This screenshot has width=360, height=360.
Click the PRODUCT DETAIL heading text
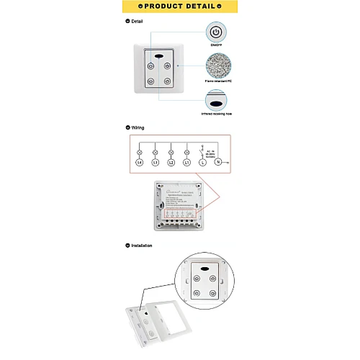click(x=180, y=6)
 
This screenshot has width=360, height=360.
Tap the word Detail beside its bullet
click(x=137, y=21)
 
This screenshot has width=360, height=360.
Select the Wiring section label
click(x=138, y=128)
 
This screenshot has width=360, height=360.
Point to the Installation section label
click(x=141, y=246)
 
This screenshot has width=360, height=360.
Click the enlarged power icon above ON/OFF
click(x=216, y=32)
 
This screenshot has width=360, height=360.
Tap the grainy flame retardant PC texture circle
click(x=218, y=66)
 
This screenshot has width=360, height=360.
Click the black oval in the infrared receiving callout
click(x=216, y=103)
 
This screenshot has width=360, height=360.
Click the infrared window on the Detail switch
click(x=159, y=56)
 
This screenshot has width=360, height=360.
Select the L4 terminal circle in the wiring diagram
click(x=140, y=163)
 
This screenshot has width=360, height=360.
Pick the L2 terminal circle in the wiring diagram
click(x=171, y=163)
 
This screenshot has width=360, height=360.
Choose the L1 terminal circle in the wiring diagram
click(x=187, y=163)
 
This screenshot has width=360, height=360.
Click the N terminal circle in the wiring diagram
click(x=218, y=162)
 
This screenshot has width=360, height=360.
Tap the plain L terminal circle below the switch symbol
click(x=203, y=163)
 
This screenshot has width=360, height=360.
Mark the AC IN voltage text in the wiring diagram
click(x=211, y=154)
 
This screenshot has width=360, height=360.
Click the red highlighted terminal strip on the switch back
click(x=180, y=213)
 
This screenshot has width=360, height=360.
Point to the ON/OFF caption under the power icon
click(x=216, y=45)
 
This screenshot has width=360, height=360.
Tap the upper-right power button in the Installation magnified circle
click(x=213, y=278)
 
